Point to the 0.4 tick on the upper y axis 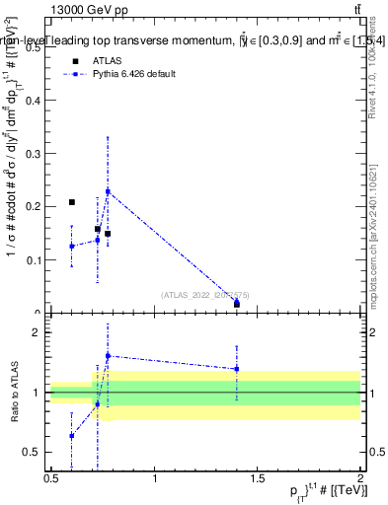pos(37,99)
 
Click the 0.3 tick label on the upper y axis pos(37,153)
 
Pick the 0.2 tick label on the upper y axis pos(37,206)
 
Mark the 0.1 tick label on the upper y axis pos(37,260)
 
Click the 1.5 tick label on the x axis pos(258,478)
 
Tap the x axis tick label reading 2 pos(360,478)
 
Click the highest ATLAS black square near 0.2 pos(72,202)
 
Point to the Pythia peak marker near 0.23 pos(108,191)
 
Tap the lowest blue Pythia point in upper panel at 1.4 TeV pos(237,303)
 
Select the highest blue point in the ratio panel pos(108,356)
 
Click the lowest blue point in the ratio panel pos(72,435)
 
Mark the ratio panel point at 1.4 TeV pos(237,369)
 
